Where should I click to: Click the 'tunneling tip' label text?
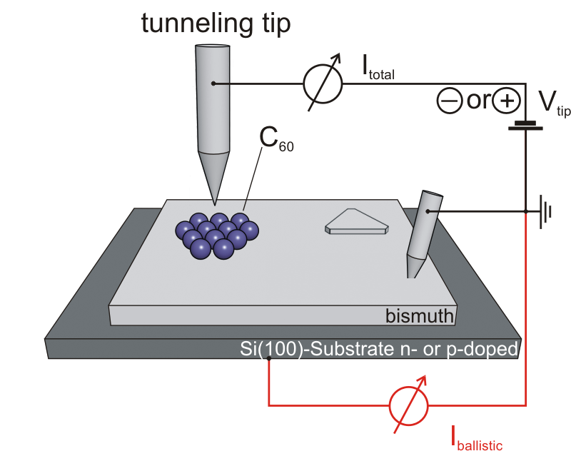216,23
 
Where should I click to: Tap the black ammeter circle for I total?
323,84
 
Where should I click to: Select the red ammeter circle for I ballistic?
409,407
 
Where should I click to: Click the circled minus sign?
449,101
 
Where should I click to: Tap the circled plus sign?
506,101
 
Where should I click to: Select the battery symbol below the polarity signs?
525,126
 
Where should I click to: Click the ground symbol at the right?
546,212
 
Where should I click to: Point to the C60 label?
276,137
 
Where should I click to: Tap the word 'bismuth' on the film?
418,315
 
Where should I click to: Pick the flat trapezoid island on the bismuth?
357,222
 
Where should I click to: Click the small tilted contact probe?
420,233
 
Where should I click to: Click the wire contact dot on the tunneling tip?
212,84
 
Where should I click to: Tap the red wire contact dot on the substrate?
268,358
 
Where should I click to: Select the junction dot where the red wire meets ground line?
525,212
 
